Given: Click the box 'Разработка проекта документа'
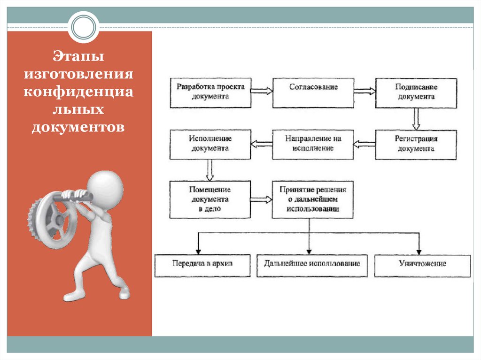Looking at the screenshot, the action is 210,92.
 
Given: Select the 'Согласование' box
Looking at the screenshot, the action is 313,92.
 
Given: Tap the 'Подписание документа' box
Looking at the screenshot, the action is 416,93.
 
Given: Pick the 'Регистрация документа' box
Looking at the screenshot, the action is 416,145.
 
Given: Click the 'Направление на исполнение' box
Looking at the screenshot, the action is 313,145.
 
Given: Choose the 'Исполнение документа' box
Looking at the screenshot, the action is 210,144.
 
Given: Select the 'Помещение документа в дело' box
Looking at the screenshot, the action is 210,199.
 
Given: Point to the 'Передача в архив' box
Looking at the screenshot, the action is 202,266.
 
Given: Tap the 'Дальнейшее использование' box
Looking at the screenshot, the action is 312,266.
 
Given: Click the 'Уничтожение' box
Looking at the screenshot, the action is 422,266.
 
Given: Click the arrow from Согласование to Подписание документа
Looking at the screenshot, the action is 365,91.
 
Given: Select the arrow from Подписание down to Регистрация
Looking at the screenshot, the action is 416,119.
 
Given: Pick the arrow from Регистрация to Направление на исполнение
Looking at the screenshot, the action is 364,144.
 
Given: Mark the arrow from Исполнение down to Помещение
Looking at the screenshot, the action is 210,170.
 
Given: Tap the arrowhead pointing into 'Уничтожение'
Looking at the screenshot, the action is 419,252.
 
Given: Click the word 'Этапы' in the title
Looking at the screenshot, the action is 78,56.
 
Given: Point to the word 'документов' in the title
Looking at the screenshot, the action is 78,127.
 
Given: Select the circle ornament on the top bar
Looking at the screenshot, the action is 84,27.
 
